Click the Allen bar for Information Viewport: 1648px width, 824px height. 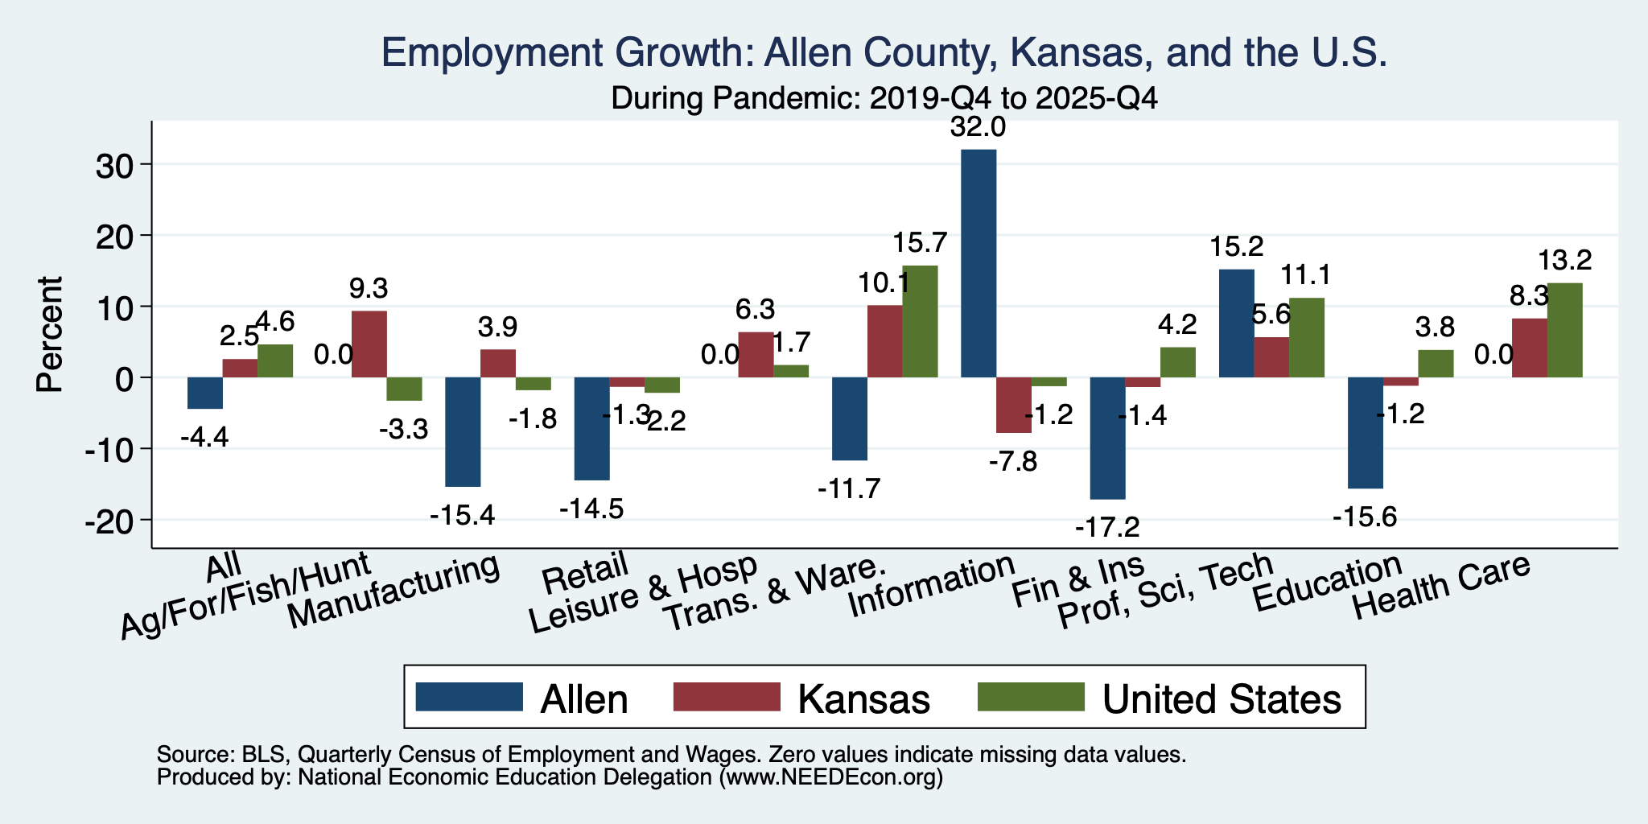(x=978, y=263)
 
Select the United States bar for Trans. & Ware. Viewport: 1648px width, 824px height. (x=920, y=321)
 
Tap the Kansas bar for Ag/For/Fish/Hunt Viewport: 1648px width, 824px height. (x=369, y=344)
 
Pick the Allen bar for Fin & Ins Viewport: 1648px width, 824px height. (x=1107, y=439)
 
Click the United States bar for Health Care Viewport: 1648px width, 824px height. (x=1564, y=330)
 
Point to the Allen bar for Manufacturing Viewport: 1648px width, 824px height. (x=463, y=432)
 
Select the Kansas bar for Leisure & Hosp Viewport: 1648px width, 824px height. (x=756, y=355)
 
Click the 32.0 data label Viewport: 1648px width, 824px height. (x=978, y=127)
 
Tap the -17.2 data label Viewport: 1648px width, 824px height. (x=1107, y=528)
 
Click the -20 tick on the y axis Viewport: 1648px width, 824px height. (x=113, y=520)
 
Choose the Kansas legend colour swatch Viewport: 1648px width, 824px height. (x=726, y=697)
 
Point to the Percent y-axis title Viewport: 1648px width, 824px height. (x=50, y=334)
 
